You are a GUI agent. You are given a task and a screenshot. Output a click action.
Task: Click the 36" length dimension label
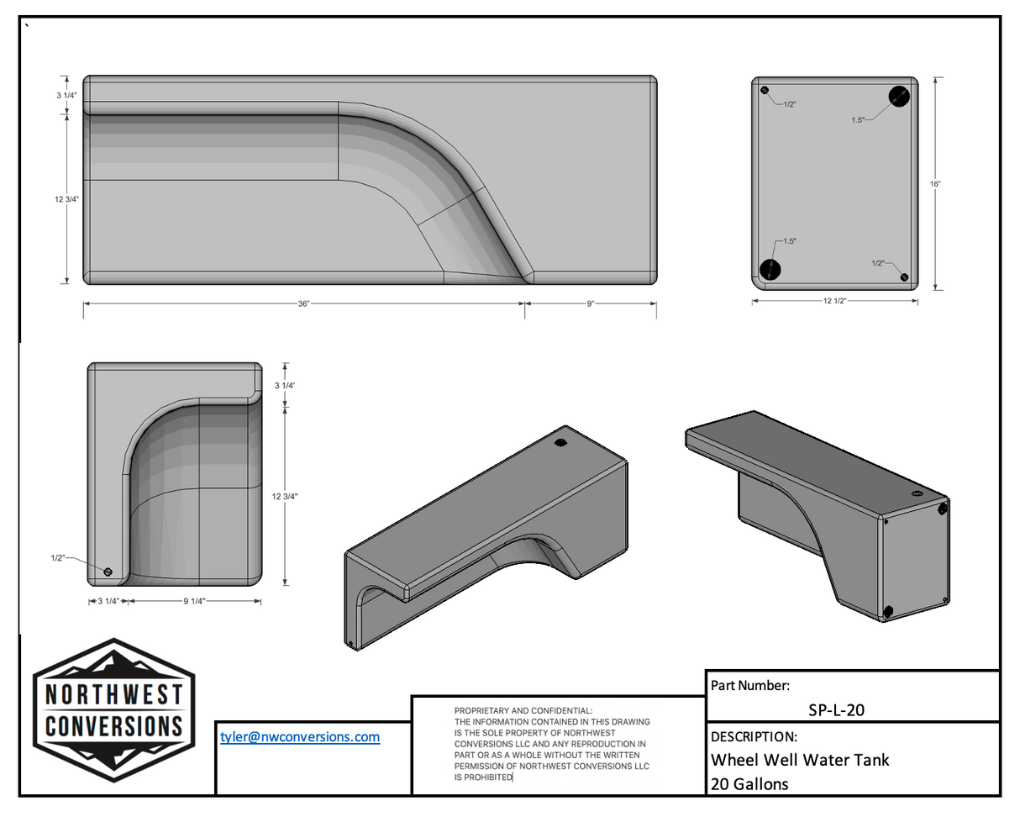(303, 303)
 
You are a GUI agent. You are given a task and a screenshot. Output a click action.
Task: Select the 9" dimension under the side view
(590, 303)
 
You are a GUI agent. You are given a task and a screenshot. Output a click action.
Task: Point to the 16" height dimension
(935, 184)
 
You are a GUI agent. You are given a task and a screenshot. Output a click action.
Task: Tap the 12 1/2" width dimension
(834, 301)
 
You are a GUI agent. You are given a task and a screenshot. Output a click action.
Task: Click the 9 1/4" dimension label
(194, 602)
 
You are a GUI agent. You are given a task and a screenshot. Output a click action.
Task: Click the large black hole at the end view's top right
(898, 96)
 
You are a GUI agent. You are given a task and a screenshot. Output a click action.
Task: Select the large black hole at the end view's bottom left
(770, 270)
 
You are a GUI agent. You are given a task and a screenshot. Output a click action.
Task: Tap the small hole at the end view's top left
(765, 90)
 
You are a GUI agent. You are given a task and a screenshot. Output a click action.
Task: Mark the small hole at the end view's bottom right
(904, 277)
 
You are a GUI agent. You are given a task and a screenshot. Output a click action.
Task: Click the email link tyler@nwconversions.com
(300, 737)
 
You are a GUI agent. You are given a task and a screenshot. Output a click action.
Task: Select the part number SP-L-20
(836, 710)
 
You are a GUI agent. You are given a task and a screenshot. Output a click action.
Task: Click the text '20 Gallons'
(749, 784)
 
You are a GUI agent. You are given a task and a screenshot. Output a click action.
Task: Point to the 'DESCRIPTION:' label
(754, 737)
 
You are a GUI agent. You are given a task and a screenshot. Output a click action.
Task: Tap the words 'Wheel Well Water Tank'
(800, 760)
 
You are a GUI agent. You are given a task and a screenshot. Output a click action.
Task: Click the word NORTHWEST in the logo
(113, 694)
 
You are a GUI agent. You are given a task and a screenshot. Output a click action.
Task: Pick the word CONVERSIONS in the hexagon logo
(113, 726)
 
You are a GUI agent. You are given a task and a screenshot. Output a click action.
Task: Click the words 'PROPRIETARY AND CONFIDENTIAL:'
(523, 711)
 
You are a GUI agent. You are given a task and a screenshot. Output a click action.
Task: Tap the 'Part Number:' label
(749, 686)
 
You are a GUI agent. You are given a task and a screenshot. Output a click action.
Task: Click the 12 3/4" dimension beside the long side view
(67, 199)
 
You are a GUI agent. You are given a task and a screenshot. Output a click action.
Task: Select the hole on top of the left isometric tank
(561, 442)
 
